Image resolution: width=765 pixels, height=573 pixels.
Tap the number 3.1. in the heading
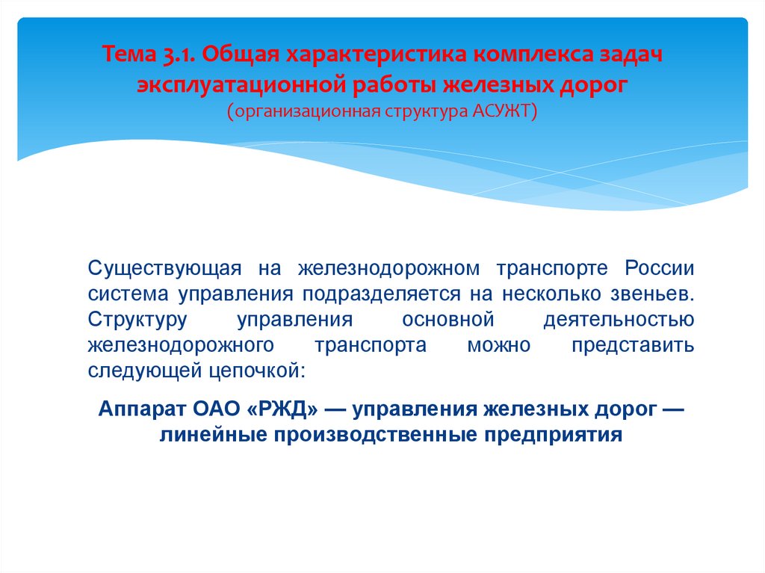tap(179, 56)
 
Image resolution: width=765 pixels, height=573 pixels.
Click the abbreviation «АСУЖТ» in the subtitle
tap(502, 111)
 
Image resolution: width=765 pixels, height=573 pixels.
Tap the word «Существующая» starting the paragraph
tap(164, 268)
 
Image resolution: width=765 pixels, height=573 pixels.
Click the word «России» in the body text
tap(660, 268)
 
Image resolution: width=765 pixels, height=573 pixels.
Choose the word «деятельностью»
tap(619, 320)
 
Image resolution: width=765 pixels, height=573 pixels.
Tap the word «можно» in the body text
tap(498, 346)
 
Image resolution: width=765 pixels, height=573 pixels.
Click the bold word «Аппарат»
tap(143, 409)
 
